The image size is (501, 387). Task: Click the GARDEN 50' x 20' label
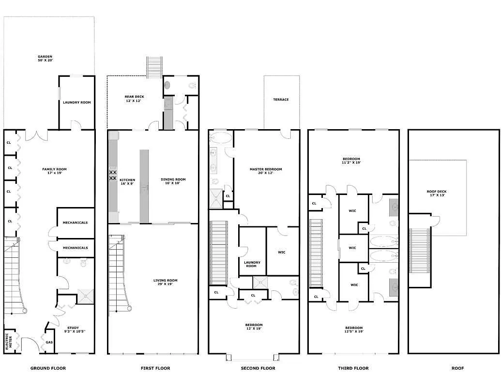pos(45,58)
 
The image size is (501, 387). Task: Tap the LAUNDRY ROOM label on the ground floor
pos(76,103)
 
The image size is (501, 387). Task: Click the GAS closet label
pos(49,342)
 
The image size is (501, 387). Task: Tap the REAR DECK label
pos(134,99)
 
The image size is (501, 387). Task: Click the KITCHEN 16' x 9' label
pos(128,182)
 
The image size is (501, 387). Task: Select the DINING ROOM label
pos(173,181)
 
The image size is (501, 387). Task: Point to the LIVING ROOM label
pos(165,282)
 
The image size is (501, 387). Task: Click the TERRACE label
pos(281,100)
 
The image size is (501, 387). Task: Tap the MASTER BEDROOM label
pos(265,171)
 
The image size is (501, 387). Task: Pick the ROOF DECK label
pos(437,193)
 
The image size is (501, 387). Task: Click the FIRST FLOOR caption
pos(155,368)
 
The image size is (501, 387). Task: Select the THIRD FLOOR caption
pos(353,368)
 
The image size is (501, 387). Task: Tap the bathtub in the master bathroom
pos(221,138)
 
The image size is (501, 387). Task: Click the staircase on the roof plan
pos(420,251)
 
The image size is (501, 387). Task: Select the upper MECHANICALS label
pos(75,223)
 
